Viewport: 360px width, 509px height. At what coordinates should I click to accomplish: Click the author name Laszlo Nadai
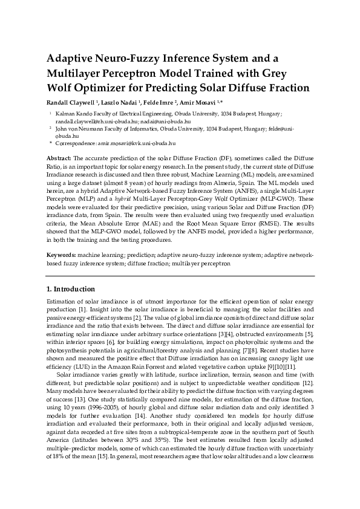(123, 102)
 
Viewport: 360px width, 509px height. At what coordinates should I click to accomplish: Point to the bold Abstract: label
(59, 157)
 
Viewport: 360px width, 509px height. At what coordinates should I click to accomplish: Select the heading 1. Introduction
(71, 289)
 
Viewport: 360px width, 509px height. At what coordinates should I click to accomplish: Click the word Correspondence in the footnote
(75, 143)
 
